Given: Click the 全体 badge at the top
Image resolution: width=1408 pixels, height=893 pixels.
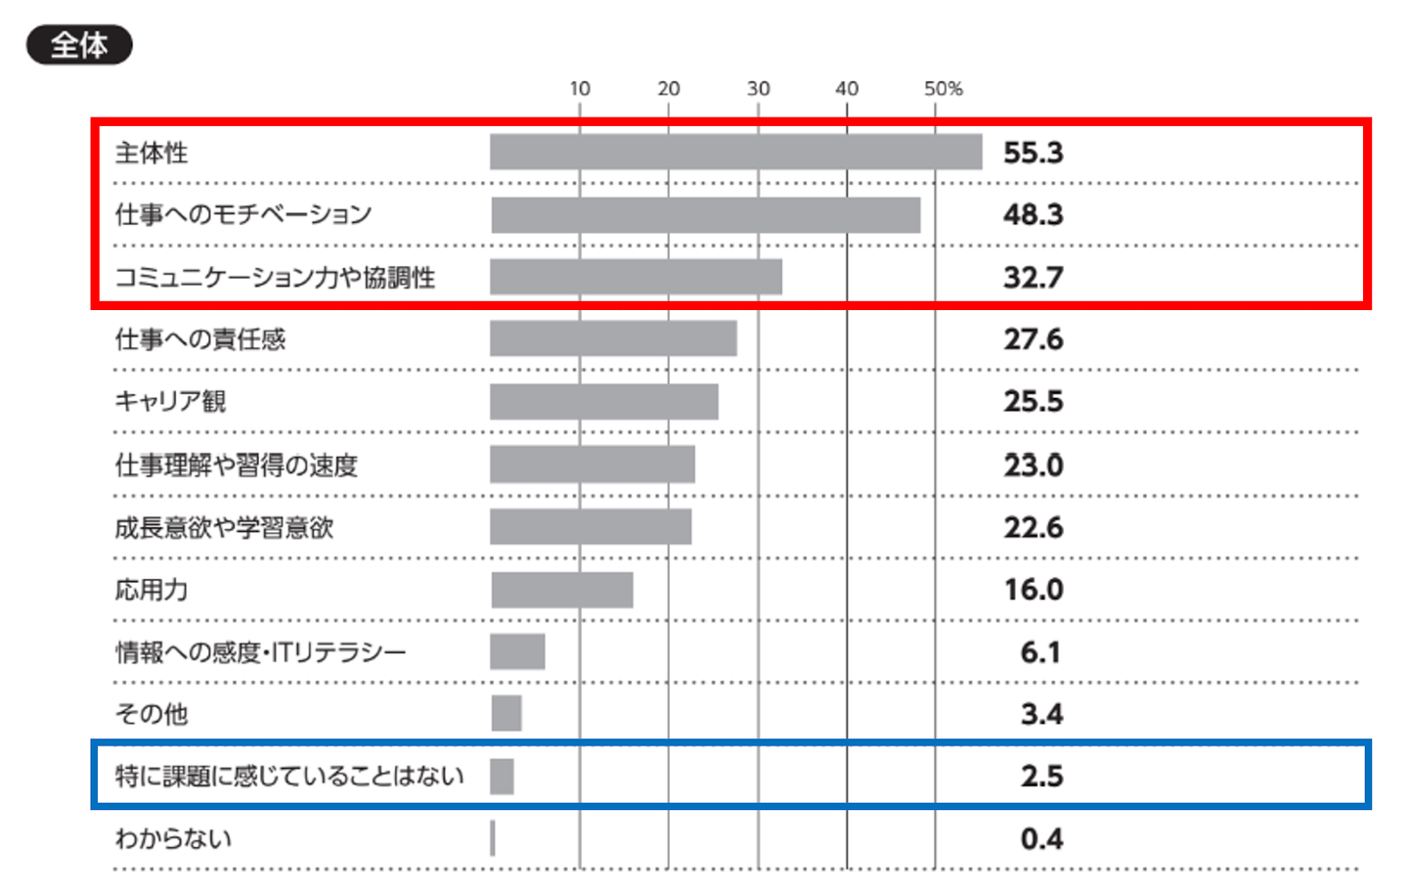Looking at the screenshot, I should (79, 45).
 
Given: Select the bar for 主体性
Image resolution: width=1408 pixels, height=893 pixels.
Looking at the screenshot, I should (735, 153).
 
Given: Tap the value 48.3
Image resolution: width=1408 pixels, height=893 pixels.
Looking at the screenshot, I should (1033, 214).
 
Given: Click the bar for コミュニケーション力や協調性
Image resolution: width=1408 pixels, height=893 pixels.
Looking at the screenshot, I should (636, 277).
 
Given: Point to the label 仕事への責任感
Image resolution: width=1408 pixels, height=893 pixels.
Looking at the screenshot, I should (200, 339).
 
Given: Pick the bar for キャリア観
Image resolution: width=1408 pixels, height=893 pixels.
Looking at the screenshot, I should (603, 402).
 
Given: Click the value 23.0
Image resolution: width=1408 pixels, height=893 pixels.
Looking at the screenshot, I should (1033, 465).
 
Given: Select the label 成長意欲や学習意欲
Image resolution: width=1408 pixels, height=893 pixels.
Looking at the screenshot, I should (224, 528).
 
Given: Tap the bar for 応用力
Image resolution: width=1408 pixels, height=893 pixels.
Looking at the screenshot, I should (561, 590).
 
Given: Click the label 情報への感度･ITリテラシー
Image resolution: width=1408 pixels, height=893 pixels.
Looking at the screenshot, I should (260, 652).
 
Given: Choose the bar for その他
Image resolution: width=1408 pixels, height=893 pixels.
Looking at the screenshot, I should (506, 713).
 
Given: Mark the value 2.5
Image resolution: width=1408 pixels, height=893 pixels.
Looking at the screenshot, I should (1041, 776).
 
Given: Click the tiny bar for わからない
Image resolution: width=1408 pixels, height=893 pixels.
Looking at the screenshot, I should (493, 838).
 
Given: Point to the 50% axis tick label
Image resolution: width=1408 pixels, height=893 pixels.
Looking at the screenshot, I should (943, 89).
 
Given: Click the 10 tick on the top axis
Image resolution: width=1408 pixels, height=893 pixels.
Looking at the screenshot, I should (580, 89).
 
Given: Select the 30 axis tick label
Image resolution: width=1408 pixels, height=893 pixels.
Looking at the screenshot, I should (758, 89).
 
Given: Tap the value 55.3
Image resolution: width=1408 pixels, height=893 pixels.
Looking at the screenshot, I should (1033, 153).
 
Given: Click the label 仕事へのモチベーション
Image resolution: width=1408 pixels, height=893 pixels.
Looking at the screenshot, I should (243, 214).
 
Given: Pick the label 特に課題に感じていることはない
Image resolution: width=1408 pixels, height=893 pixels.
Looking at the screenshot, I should (289, 776).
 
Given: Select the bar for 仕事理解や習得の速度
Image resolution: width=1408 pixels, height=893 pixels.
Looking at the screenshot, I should (592, 465).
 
